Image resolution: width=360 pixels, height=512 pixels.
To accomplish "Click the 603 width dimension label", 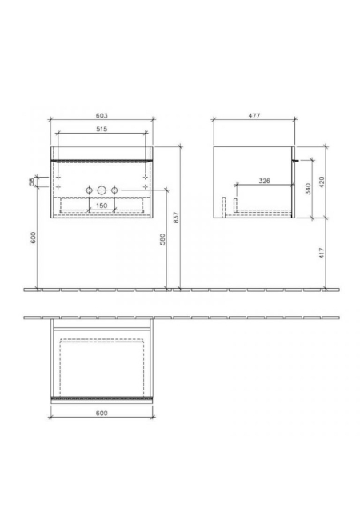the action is (x=102, y=115).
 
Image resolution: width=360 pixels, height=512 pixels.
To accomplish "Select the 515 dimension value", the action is (x=102, y=129).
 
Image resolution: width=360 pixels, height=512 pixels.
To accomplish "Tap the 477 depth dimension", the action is (x=254, y=115).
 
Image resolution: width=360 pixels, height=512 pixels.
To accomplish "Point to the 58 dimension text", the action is (x=32, y=182).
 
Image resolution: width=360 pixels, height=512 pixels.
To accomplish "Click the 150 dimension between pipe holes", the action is (x=102, y=206).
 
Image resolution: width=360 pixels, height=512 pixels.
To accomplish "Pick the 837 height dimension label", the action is (x=177, y=218).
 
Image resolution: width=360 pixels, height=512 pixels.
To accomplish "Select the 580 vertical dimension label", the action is (x=163, y=239).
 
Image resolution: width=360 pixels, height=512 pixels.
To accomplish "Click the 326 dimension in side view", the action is (x=264, y=181).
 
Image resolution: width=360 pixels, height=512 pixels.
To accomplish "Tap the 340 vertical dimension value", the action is (x=308, y=189).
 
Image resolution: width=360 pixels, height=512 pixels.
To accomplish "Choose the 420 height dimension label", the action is (x=322, y=182).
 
